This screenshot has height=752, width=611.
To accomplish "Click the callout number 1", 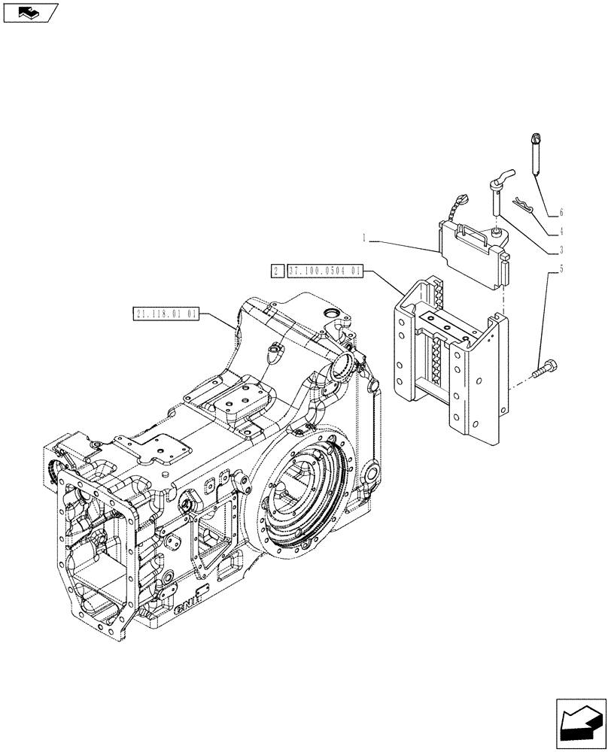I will (x=364, y=239).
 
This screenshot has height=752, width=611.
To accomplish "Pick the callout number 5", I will (x=561, y=268).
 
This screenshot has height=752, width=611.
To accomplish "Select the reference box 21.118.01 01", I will (x=166, y=314).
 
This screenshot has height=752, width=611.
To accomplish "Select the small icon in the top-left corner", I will (x=30, y=11).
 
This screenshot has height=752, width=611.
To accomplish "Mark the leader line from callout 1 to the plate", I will (x=406, y=244).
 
